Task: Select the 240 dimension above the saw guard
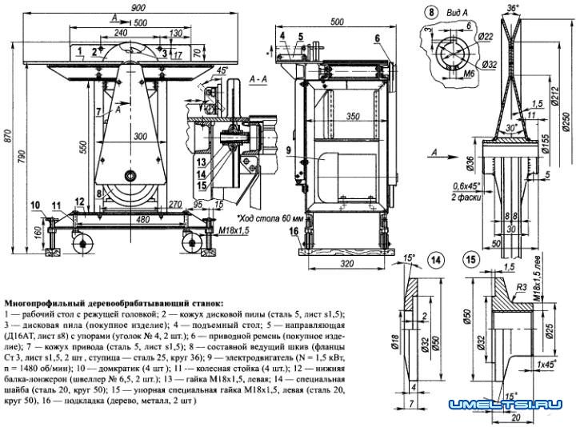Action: [x=121, y=33]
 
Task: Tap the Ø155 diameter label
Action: [x=546, y=144]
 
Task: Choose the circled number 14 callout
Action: [x=434, y=259]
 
